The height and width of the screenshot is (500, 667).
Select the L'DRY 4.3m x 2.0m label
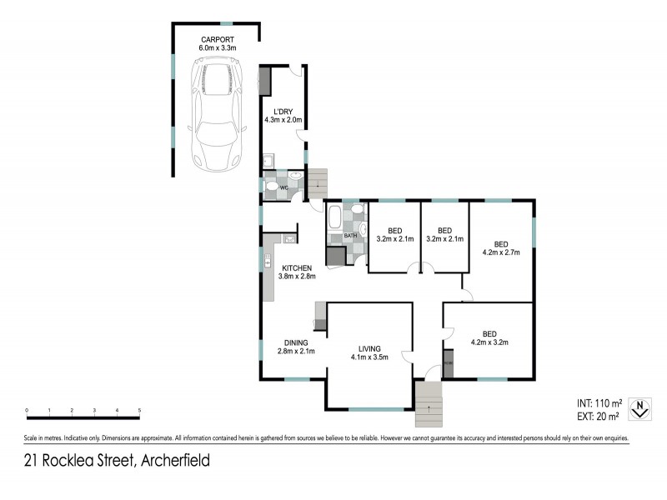(x=281, y=116)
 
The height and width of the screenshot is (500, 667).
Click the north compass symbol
(x=639, y=408)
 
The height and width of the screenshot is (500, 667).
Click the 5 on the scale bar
(x=139, y=410)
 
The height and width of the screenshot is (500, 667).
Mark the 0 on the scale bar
(x=27, y=410)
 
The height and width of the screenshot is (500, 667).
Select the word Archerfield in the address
(x=176, y=460)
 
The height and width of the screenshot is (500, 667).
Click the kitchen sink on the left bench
(x=268, y=261)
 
